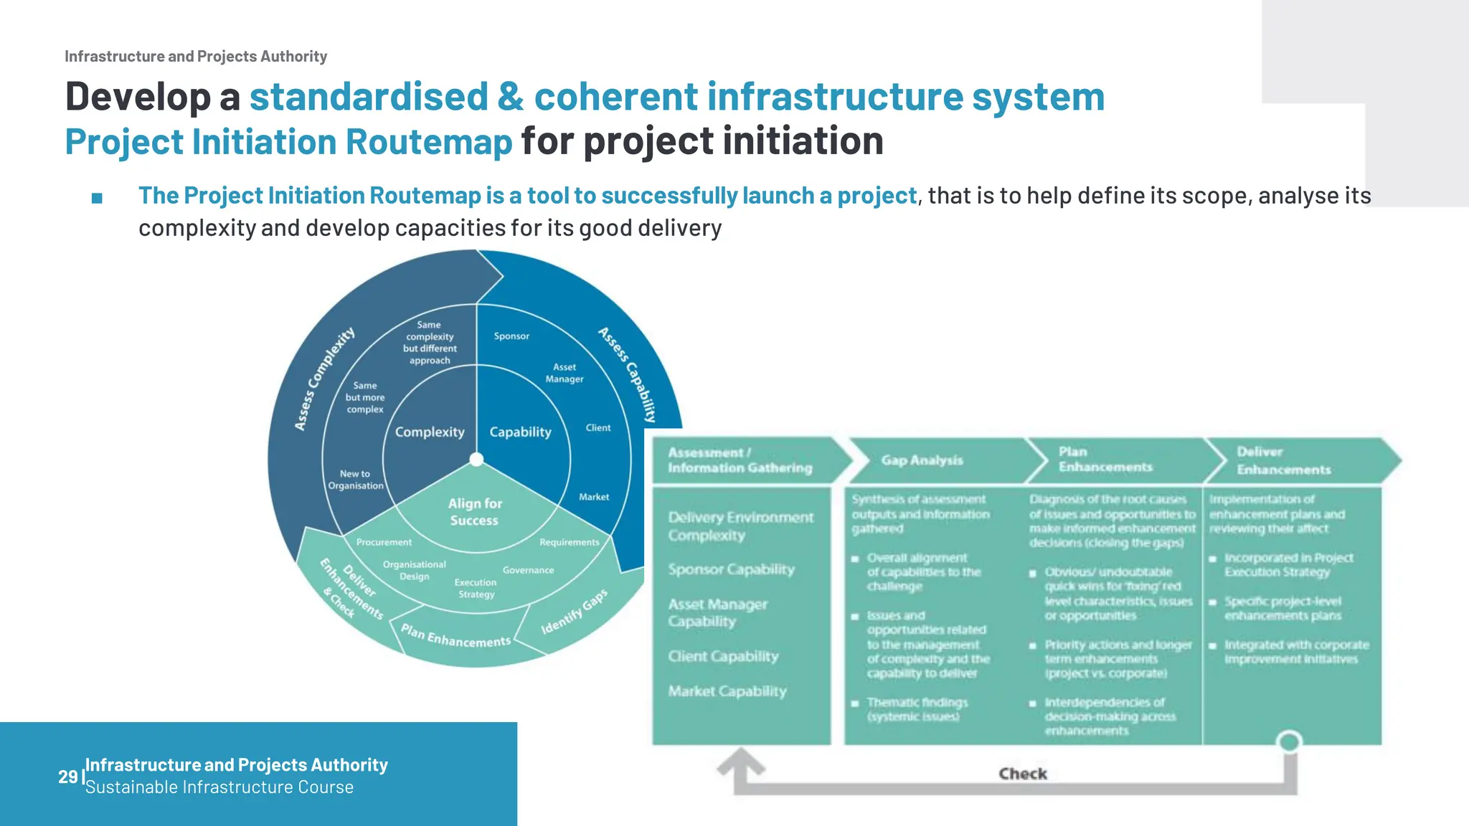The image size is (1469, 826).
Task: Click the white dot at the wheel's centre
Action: (476, 459)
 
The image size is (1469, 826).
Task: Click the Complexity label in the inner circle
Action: (430, 432)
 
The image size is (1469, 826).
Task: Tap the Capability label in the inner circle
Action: (520, 432)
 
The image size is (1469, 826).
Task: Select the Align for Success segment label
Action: (475, 512)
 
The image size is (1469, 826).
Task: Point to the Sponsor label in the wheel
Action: (511, 336)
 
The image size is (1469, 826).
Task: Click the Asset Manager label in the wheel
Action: (565, 373)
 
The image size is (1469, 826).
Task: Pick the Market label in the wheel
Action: (594, 497)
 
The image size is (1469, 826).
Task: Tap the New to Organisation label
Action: (355, 480)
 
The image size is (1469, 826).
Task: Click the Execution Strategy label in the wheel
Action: (476, 588)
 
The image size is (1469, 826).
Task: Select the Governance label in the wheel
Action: (528, 570)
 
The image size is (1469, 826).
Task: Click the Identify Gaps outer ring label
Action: (574, 612)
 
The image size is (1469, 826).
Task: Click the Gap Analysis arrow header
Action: (922, 460)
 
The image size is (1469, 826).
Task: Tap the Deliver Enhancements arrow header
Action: (1283, 460)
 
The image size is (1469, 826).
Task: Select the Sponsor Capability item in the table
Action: (731, 569)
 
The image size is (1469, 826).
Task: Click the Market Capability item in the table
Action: (727, 691)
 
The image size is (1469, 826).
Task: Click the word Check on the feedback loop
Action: (1023, 774)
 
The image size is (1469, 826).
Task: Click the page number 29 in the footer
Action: (67, 777)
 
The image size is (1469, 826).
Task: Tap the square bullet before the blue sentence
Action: (98, 198)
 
